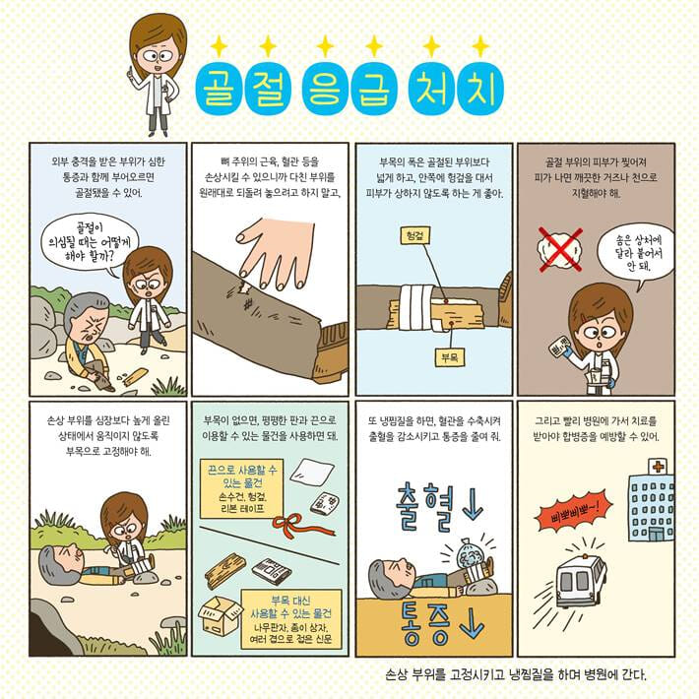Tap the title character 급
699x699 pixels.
coord(373,89)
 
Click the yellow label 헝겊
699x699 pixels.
coord(414,236)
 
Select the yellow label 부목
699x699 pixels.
coord(450,357)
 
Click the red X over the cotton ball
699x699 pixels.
coord(560,250)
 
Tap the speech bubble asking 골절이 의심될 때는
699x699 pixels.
coord(90,243)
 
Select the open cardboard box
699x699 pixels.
coord(220,615)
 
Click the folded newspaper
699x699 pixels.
coord(272,571)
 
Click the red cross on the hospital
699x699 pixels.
coord(658,467)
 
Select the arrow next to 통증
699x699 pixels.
coord(472,623)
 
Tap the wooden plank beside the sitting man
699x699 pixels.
coord(136,377)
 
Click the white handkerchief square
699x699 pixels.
coord(312,471)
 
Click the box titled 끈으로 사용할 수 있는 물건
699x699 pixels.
coord(241,489)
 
